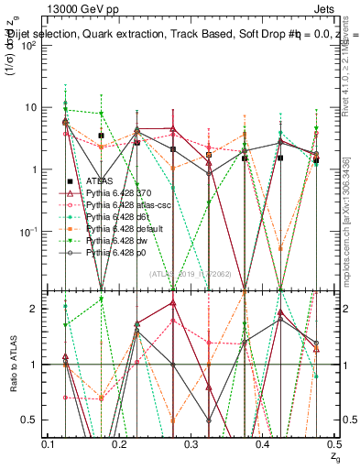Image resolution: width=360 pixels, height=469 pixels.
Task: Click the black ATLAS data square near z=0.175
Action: [x=102, y=136]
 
